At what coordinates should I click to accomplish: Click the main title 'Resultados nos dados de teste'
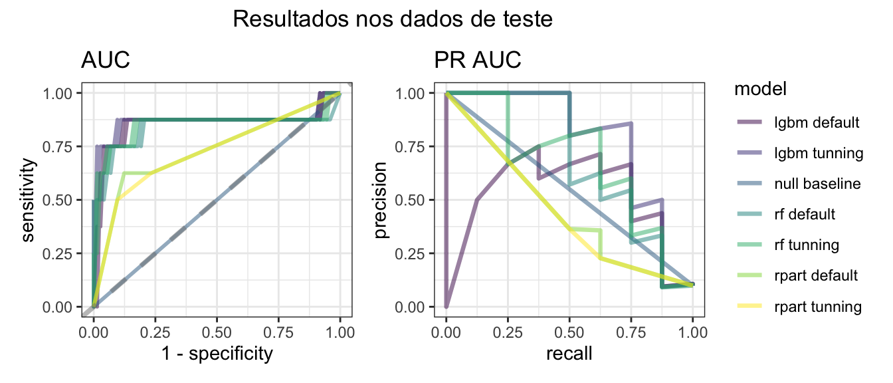pos(393,20)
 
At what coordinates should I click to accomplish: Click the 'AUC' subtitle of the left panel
pos(105,61)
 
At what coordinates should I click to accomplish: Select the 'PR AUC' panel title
pos(478,61)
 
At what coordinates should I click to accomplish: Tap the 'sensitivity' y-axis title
pos(27,199)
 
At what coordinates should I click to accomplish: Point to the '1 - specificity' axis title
pos(217,354)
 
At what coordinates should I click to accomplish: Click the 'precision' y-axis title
pos(381,199)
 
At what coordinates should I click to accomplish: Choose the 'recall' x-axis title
pos(569,354)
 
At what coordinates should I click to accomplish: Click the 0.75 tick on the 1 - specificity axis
pos(279,330)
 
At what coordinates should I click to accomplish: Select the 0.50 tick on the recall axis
pos(569,330)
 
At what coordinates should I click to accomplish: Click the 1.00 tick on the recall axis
pos(693,330)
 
